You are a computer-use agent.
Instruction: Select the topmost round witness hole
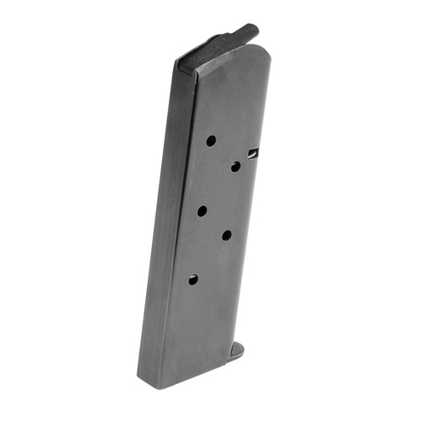pyautogui.click(x=211, y=140)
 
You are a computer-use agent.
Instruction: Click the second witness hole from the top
pyautogui.click(x=235, y=166)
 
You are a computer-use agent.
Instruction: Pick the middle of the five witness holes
pyautogui.click(x=203, y=211)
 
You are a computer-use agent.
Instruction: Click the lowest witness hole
pyautogui.click(x=193, y=279)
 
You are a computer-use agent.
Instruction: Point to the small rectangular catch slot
pyautogui.click(x=253, y=153)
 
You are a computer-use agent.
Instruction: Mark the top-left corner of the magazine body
pyautogui.click(x=178, y=66)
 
